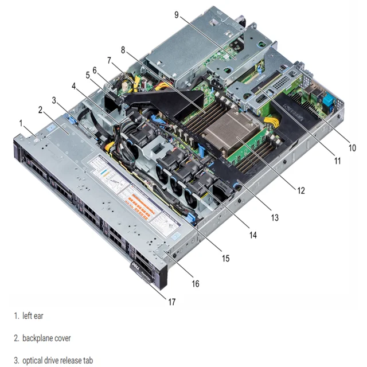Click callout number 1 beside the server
point(21,122)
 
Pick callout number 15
point(226,258)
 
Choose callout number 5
point(88,75)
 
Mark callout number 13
point(274,217)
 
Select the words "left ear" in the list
point(33,316)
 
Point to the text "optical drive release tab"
point(57,361)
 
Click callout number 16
point(196,283)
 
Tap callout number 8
point(123,50)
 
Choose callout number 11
point(337,161)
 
